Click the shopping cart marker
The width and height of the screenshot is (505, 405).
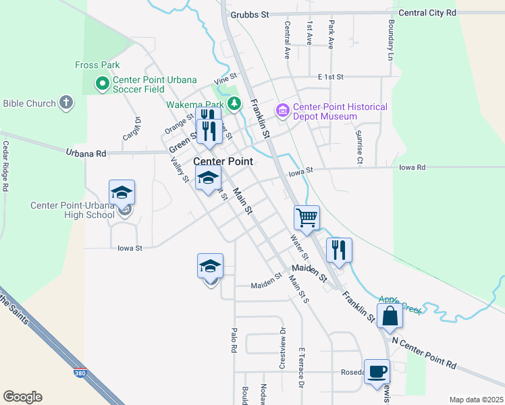point(307,218)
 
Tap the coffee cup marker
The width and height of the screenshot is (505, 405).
point(377,371)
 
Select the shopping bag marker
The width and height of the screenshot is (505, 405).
point(390,315)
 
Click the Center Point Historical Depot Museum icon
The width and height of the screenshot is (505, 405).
point(282,109)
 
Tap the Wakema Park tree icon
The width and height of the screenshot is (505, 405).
point(234,104)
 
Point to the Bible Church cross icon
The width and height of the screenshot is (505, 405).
point(65,103)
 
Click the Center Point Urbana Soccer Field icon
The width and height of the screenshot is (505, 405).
point(103,84)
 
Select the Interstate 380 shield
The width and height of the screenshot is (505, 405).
point(80,372)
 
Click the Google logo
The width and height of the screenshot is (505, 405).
point(22,397)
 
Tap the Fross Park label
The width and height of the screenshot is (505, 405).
point(97,65)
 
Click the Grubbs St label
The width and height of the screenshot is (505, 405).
point(249,14)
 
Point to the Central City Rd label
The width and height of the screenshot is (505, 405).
point(427,13)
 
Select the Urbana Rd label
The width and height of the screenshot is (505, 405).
point(86,153)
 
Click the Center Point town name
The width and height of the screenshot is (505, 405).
point(223,161)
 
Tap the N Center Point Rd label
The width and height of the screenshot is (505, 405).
point(423,353)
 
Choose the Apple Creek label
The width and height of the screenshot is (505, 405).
point(400,304)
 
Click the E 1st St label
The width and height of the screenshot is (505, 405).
point(331,78)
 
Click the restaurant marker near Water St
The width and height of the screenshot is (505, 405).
point(339,250)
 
